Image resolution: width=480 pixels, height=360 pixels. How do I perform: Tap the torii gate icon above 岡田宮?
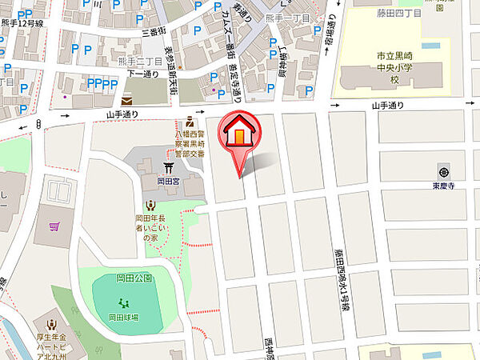pyautogui.click(x=169, y=168)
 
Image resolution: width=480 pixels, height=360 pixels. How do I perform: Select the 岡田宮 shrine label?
pyautogui.click(x=167, y=182)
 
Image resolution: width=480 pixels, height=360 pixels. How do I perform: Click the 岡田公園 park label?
pyautogui.click(x=129, y=278)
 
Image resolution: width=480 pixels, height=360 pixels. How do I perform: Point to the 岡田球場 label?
pyautogui.click(x=125, y=318)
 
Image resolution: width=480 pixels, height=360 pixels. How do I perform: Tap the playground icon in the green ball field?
pyautogui.click(x=124, y=302)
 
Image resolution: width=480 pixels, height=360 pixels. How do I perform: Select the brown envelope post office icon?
pyautogui.click(x=128, y=101)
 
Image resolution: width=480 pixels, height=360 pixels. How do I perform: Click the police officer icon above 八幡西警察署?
pyautogui.click(x=190, y=122)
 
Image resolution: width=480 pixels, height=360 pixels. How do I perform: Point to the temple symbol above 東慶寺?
pyautogui.click(x=442, y=172)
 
